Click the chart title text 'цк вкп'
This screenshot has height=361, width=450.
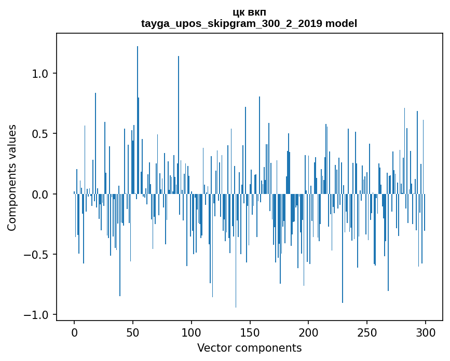(x=249, y=12)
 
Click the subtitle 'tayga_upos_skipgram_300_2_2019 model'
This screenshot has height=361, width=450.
(x=249, y=23)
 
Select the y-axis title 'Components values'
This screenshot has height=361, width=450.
(x=12, y=177)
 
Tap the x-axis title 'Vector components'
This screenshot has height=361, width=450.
(x=249, y=348)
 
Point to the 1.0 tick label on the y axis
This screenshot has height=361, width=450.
(x=40, y=74)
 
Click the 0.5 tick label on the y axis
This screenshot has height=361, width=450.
(x=40, y=134)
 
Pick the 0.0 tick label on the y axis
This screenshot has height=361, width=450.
(x=40, y=195)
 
